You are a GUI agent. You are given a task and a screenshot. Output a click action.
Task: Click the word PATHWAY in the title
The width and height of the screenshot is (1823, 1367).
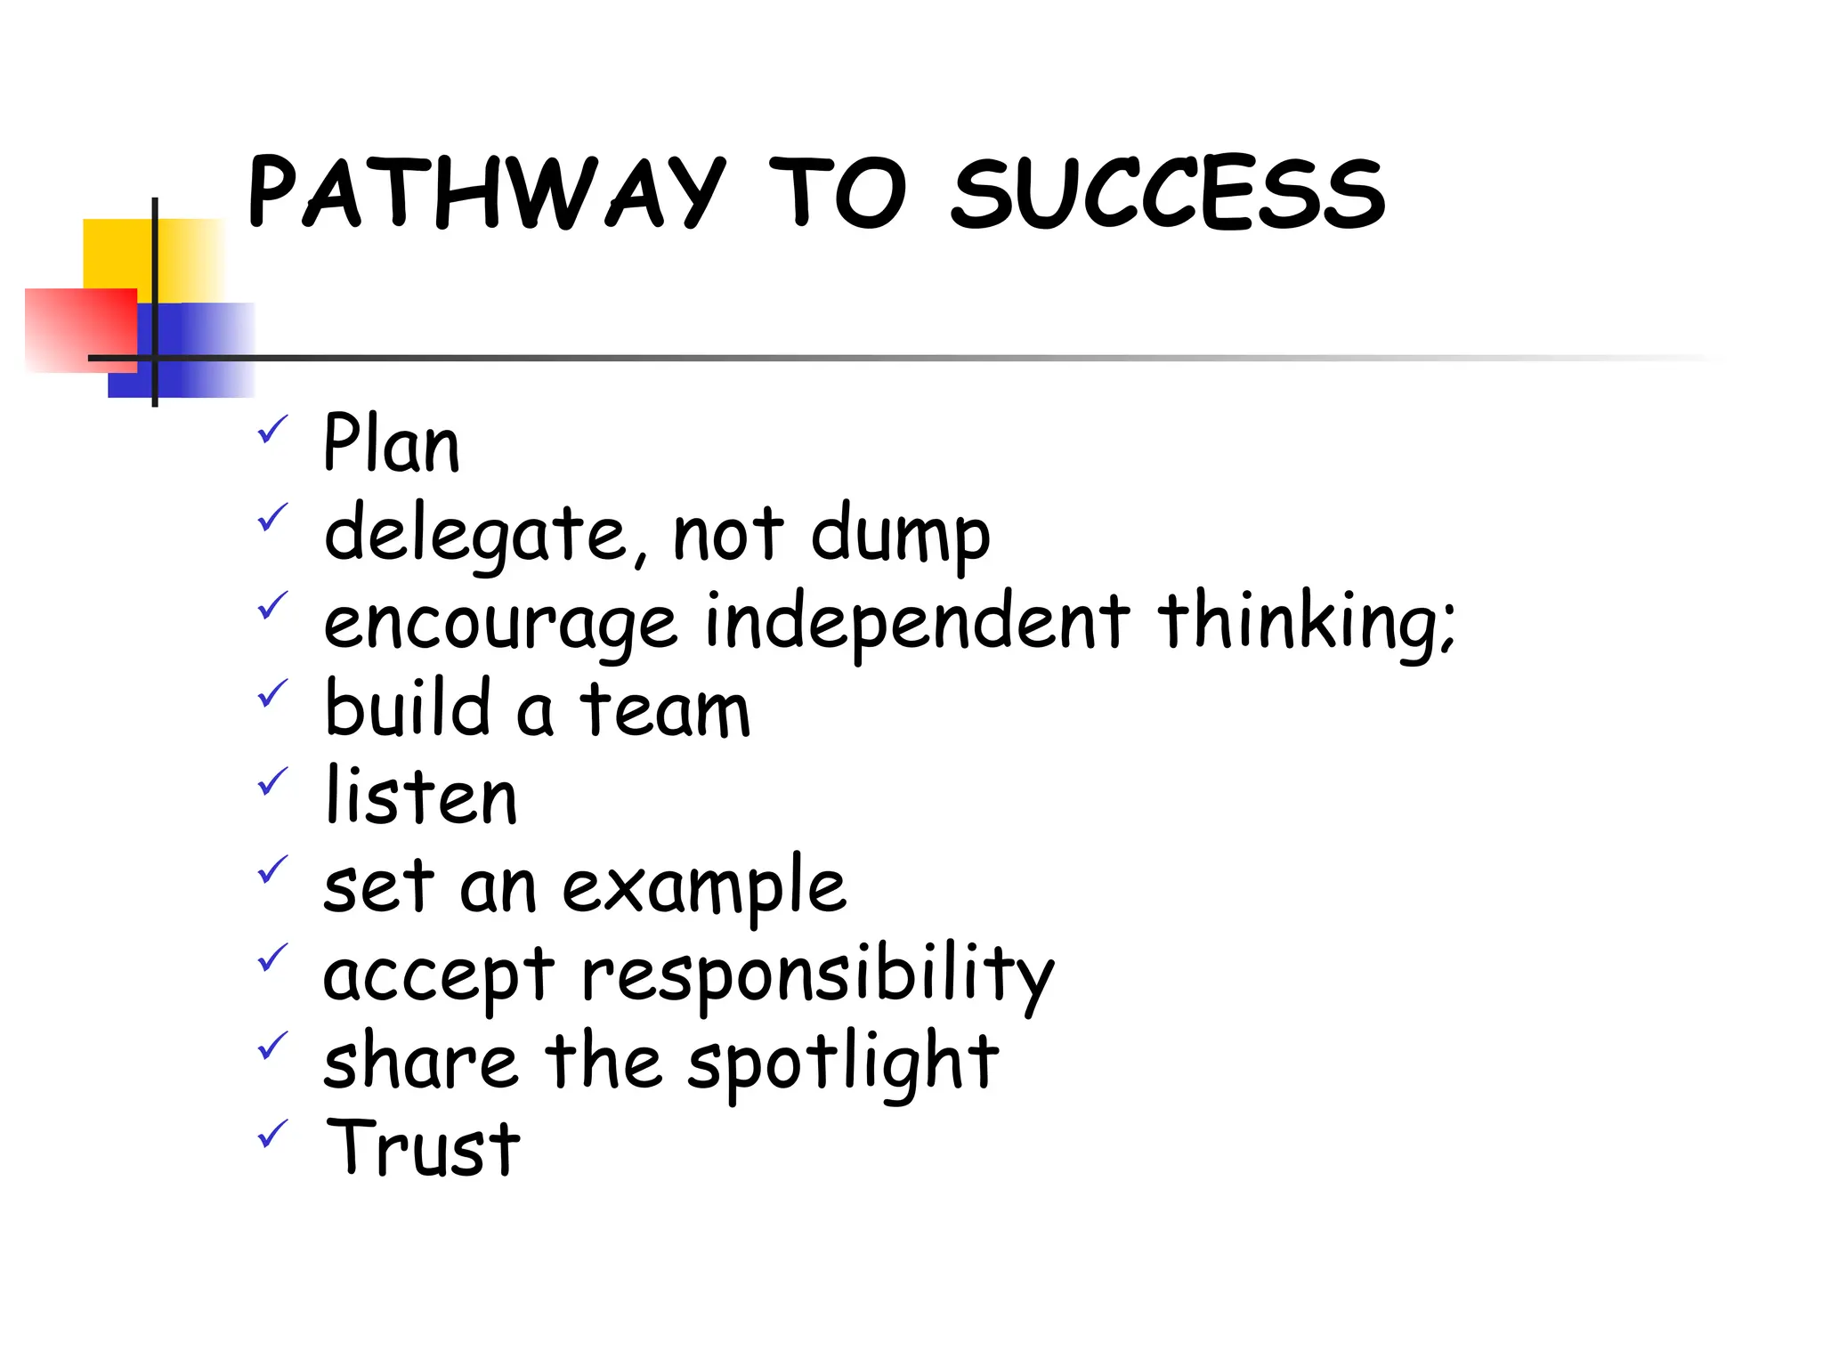487,191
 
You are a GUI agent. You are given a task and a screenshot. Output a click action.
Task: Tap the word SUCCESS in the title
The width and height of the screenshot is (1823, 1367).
1168,191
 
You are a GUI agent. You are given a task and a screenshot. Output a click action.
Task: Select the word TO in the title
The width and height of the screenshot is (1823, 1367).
837,191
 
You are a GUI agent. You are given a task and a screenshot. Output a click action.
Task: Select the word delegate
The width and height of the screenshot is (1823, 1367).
476,534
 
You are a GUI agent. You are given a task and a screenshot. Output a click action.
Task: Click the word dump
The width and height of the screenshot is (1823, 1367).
900,534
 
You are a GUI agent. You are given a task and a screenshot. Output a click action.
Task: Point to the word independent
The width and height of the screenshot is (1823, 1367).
917,621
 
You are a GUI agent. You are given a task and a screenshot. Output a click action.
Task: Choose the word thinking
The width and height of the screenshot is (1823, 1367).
1304,621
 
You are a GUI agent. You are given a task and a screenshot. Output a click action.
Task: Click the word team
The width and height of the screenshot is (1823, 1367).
665,709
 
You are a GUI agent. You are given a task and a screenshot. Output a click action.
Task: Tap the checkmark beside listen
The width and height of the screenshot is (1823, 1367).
272,781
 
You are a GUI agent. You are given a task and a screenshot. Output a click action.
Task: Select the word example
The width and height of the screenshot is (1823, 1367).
704,887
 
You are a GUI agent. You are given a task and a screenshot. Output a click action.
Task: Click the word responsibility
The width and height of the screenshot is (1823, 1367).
817,975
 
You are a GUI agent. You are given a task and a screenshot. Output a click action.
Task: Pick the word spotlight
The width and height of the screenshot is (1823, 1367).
843,1062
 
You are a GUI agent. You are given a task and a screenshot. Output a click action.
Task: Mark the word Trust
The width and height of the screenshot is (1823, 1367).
423,1148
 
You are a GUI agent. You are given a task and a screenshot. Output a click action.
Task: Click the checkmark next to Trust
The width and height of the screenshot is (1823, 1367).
272,1133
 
